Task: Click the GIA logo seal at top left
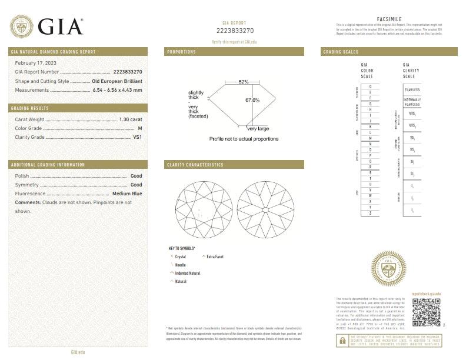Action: (21, 25)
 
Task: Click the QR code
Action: (426, 312)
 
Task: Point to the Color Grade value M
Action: (140, 128)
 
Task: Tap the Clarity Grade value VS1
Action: (138, 137)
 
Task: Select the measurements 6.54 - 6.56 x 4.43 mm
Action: (117, 90)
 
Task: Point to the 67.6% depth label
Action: (252, 100)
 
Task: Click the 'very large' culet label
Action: (258, 128)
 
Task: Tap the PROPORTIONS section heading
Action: (182, 52)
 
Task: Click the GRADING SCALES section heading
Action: (341, 52)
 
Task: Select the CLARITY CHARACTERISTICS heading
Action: (195, 165)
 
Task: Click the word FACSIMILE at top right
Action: (388, 19)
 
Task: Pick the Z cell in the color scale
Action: (370, 212)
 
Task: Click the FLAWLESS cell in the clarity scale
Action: (412, 89)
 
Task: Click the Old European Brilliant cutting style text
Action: (117, 81)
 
